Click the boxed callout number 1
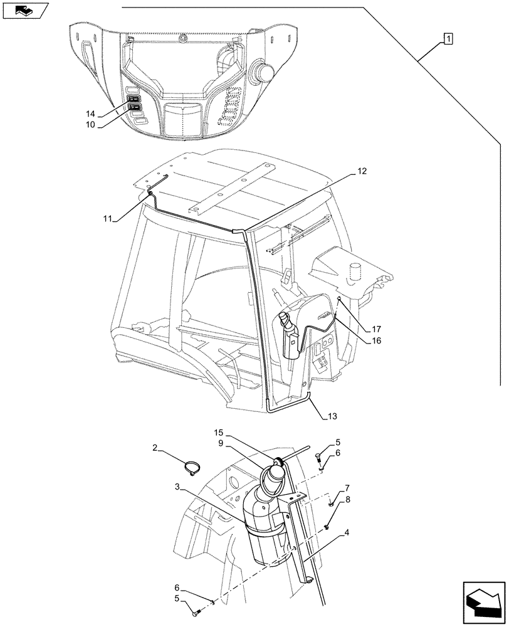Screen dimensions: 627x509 click(x=448, y=39)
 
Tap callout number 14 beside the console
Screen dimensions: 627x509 click(x=91, y=115)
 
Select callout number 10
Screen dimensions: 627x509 click(x=91, y=125)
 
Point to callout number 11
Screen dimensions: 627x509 click(x=108, y=219)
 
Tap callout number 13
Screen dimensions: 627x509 click(x=332, y=416)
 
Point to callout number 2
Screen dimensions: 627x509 click(x=155, y=447)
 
